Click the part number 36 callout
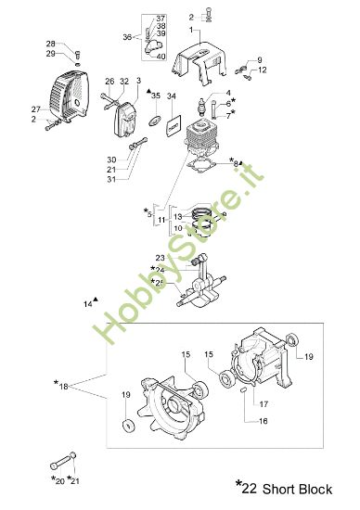[128, 37]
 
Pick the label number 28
[50, 44]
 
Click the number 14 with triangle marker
[88, 303]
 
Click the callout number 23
[160, 258]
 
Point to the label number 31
[110, 179]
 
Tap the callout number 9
[259, 59]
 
